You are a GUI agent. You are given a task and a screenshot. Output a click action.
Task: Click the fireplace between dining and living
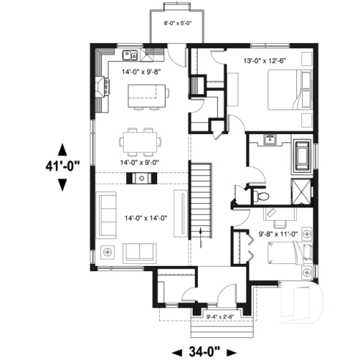pos(138,177)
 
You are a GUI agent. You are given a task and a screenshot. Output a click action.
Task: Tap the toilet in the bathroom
pos(262,196)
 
